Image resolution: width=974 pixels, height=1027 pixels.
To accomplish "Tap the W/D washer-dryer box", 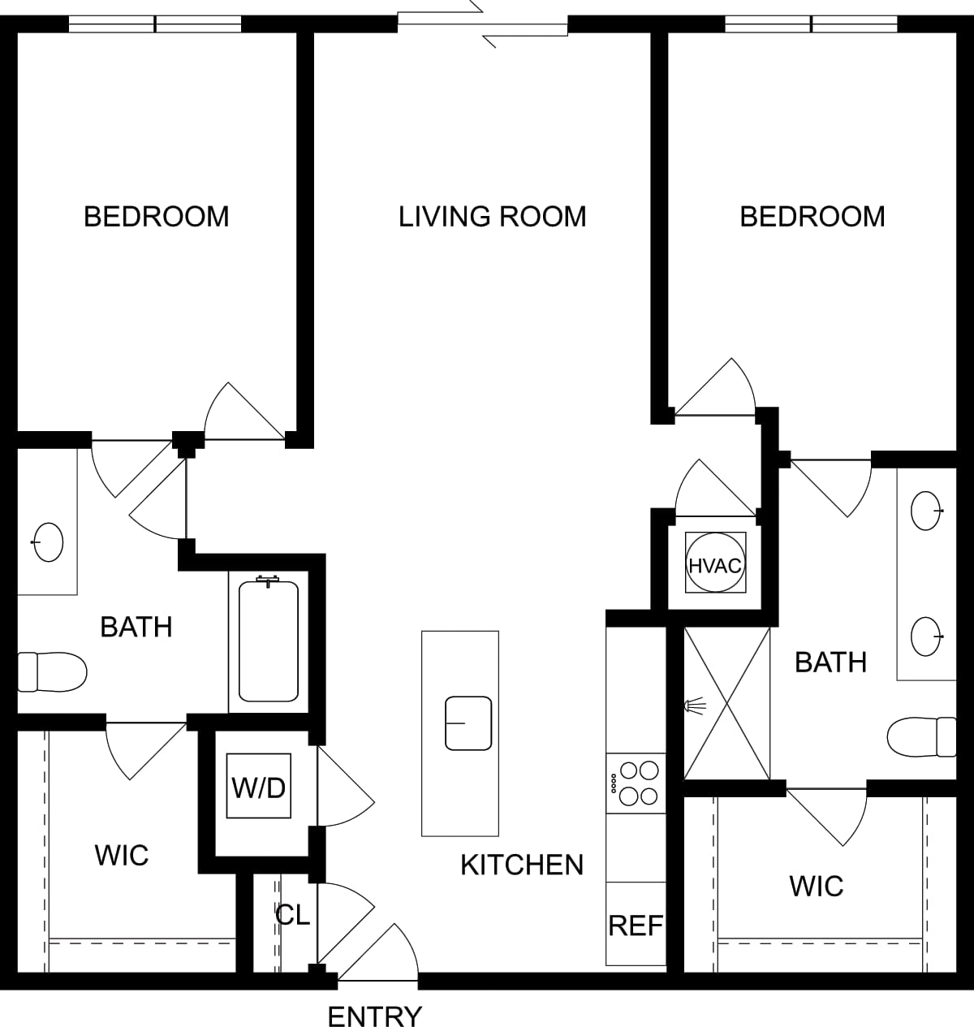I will (259, 788).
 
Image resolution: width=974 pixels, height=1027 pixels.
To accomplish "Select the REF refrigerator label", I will (636, 926).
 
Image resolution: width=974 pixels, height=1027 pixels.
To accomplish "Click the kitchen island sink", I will (468, 723).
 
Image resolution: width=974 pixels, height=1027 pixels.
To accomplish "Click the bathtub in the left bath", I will (269, 641).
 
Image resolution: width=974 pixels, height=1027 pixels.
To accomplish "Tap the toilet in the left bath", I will (53, 672).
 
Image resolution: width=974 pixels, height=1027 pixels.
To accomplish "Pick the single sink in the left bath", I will (48, 542).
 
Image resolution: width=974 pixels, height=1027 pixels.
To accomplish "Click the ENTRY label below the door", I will (375, 1016).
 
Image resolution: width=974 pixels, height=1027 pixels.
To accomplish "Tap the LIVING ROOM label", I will (492, 217).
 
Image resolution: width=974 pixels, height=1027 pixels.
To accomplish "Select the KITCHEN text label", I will (522, 865).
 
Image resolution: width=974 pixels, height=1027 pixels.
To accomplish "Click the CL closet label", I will (292, 915).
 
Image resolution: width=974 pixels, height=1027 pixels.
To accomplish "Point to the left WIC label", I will (122, 855).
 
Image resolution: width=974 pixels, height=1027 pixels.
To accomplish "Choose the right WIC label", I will (817, 886).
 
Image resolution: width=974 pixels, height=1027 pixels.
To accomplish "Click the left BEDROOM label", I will (157, 217).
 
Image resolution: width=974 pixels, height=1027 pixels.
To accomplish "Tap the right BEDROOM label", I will (812, 217).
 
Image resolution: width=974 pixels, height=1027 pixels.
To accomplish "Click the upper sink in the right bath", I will (926, 511).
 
